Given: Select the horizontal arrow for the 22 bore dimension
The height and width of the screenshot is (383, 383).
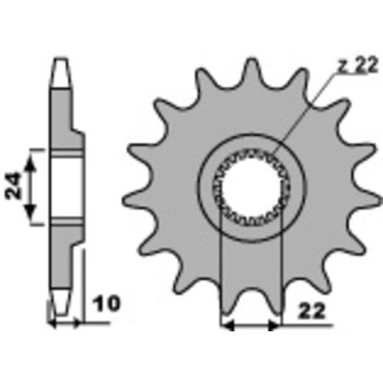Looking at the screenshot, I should (250, 323).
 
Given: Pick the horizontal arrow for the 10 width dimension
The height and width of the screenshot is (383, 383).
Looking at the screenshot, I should (65, 323).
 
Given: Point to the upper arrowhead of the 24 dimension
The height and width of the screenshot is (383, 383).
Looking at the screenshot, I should (33, 153).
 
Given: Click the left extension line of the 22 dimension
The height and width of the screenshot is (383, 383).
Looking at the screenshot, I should (221, 271).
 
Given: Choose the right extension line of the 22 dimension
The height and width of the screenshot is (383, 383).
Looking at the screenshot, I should (280, 271).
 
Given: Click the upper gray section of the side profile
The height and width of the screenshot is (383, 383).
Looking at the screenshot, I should (63, 110).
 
